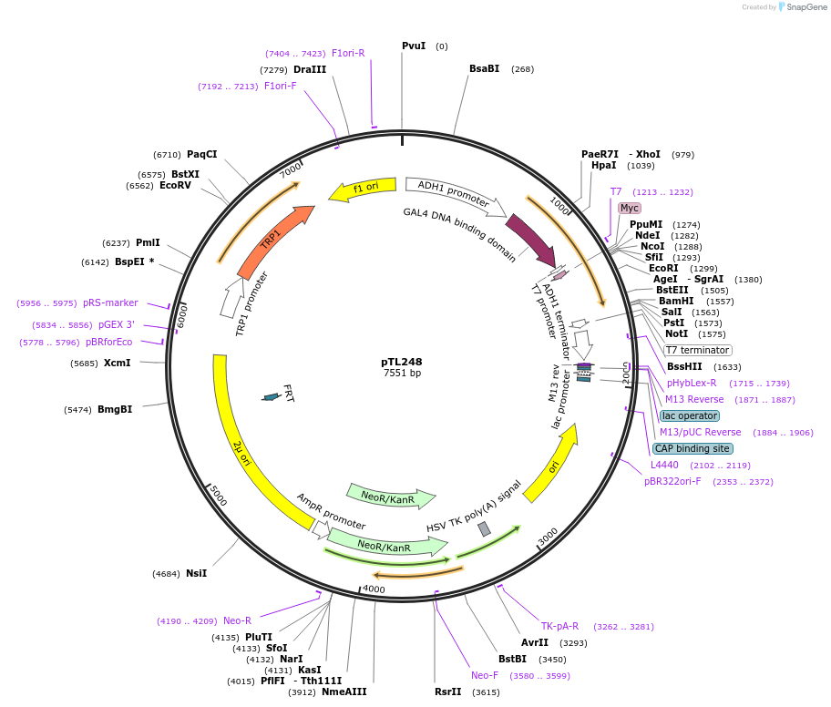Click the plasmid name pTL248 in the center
click(x=401, y=362)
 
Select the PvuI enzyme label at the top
click(x=414, y=46)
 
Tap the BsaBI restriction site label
click(x=485, y=68)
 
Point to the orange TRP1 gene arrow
click(x=273, y=241)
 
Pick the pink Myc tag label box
click(x=630, y=208)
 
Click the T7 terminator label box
click(x=698, y=350)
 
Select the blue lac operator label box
click(x=690, y=415)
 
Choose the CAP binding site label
click(x=692, y=448)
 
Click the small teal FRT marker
click(x=271, y=396)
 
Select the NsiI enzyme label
click(x=197, y=573)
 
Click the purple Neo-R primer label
click(x=237, y=620)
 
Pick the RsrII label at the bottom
click(x=448, y=692)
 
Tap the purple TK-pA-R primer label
click(x=559, y=626)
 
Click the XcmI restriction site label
click(x=118, y=363)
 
